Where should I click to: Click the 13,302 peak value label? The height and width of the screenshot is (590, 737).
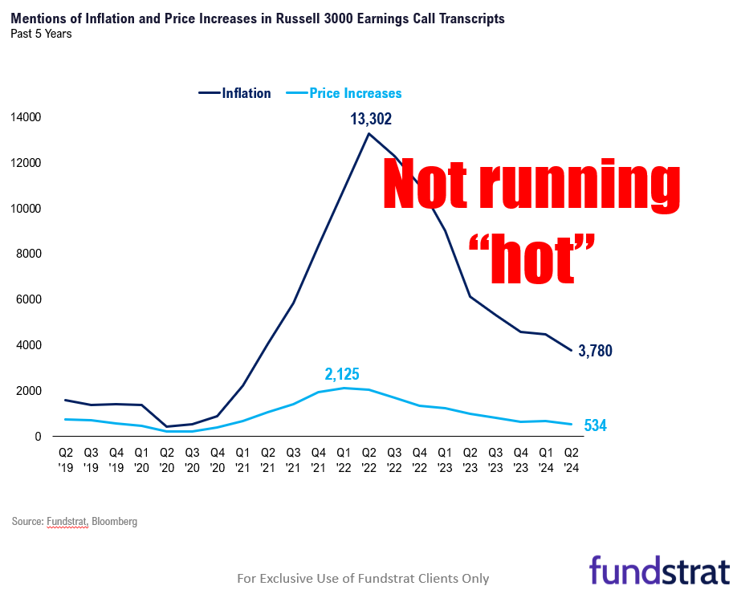[370, 120]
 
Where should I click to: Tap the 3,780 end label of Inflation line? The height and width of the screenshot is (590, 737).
[595, 351]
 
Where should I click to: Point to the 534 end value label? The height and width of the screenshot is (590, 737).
[595, 425]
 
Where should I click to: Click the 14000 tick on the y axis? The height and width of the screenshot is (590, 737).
[26, 117]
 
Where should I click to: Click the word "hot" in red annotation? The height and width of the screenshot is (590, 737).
[533, 258]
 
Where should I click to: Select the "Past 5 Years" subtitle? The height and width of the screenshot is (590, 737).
[41, 34]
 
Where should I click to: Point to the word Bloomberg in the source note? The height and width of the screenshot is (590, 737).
[114, 522]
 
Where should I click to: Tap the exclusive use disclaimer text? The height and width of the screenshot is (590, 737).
[363, 578]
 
